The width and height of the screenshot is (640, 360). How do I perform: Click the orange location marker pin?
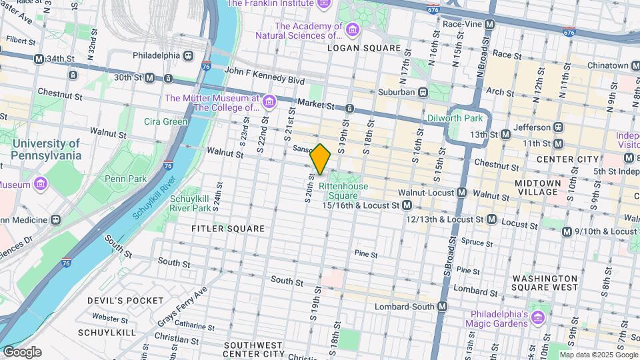pyautogui.click(x=321, y=159)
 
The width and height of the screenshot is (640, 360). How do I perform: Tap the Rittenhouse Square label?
pyautogui.click(x=343, y=191)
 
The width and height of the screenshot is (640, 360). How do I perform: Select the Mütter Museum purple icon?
pyautogui.click(x=269, y=101)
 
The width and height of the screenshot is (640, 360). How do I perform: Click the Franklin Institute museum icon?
pyautogui.click(x=324, y=4)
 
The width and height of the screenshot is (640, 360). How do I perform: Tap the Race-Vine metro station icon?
pyautogui.click(x=490, y=24)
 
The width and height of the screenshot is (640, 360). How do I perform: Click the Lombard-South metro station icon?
pyautogui.click(x=441, y=306)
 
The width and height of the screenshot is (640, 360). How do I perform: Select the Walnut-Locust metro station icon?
pyautogui.click(x=461, y=193)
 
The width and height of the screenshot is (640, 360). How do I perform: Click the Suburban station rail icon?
pyautogui.click(x=422, y=92)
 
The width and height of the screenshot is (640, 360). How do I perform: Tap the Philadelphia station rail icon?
pyautogui.click(x=189, y=55)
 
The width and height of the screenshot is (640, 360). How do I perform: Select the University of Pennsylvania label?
pyautogui.click(x=46, y=149)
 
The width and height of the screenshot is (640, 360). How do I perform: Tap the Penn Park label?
pyautogui.click(x=125, y=179)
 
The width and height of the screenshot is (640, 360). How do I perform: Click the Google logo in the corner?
pyautogui.click(x=21, y=352)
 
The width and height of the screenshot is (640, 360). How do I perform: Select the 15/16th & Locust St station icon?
pyautogui.click(x=406, y=205)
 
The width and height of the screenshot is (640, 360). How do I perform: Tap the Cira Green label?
pyautogui.click(x=165, y=121)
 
